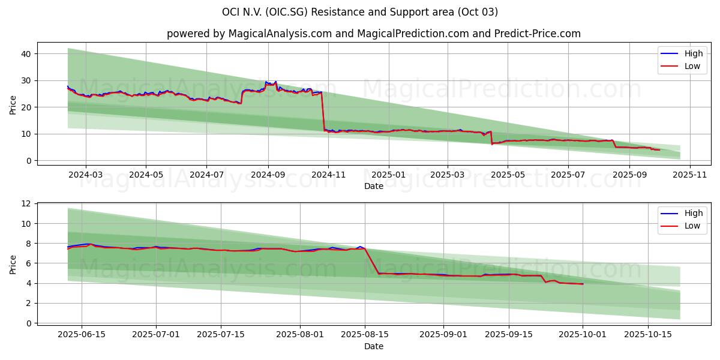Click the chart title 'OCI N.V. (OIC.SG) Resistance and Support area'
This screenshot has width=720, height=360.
pos(360,12)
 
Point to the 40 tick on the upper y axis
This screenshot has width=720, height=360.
pos(26,54)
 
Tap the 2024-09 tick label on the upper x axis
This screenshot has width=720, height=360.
pos(268,175)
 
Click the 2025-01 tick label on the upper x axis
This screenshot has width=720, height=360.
pos(388,175)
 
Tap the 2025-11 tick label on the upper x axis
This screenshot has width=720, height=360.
pos(690,175)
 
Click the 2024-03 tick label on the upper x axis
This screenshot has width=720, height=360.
pos(85,175)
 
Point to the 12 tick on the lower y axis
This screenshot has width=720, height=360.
pos(26,204)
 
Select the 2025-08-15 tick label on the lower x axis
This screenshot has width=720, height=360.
pos(364,334)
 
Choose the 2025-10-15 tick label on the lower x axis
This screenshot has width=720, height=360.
pos(647,334)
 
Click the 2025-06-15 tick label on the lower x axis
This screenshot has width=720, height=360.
pos(81,334)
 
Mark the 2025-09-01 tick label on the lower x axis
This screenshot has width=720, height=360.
pos(443,334)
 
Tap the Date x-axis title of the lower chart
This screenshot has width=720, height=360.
pos(373,346)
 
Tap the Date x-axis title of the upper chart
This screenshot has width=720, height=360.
pos(373,186)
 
